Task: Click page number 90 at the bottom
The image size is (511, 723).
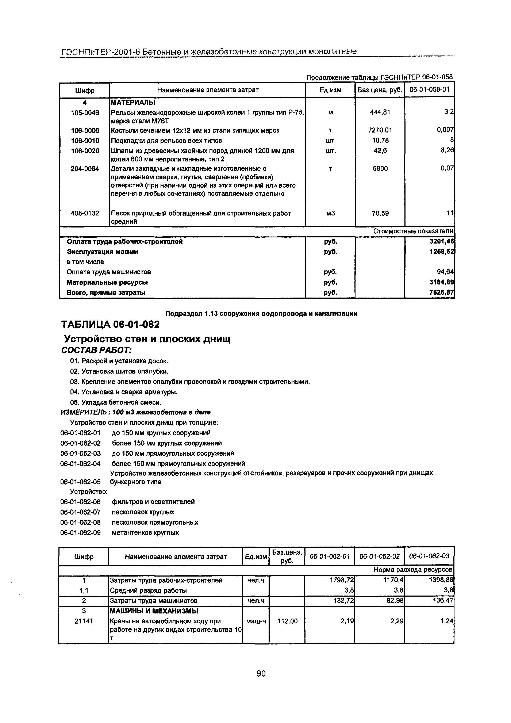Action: pos(261,673)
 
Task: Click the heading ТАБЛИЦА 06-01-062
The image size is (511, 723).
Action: pos(110,324)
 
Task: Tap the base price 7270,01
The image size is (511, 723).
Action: pos(380,130)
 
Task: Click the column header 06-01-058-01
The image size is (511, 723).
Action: pos(429,89)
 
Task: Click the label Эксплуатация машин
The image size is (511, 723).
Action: pos(102,252)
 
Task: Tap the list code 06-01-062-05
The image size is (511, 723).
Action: pos(81,482)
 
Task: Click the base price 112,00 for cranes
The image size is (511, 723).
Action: pos(287,621)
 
